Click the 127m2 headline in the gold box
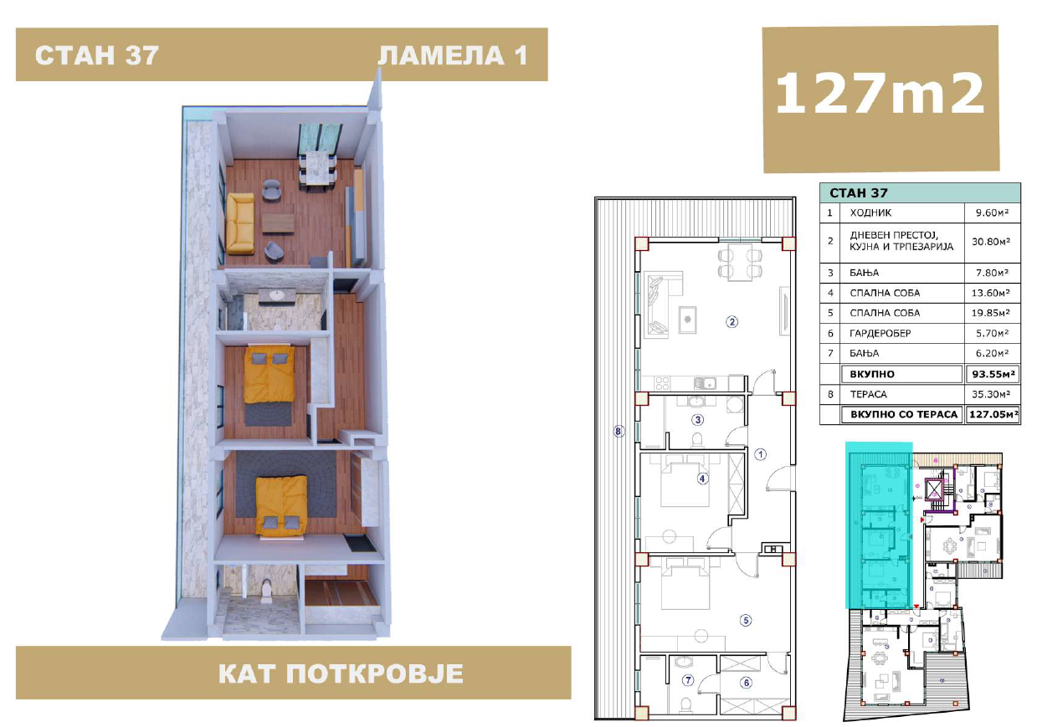(x=880, y=94)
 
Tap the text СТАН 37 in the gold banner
(x=97, y=55)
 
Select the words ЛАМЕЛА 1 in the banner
(x=453, y=55)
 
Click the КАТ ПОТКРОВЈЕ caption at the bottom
(x=341, y=673)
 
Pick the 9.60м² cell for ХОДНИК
(x=992, y=212)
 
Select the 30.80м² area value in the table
(x=991, y=242)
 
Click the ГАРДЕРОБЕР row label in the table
(x=880, y=333)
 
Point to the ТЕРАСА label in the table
(x=868, y=394)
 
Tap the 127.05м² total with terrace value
(x=993, y=414)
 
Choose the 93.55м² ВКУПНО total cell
(x=993, y=374)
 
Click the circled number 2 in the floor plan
(x=732, y=321)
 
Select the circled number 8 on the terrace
(x=618, y=432)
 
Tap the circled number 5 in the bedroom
(x=746, y=620)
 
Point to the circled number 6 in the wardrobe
(x=746, y=683)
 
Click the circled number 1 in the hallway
(x=760, y=454)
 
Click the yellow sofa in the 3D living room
(x=240, y=223)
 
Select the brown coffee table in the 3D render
(x=278, y=223)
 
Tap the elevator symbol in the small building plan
(x=934, y=489)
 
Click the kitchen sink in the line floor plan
(x=706, y=382)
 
